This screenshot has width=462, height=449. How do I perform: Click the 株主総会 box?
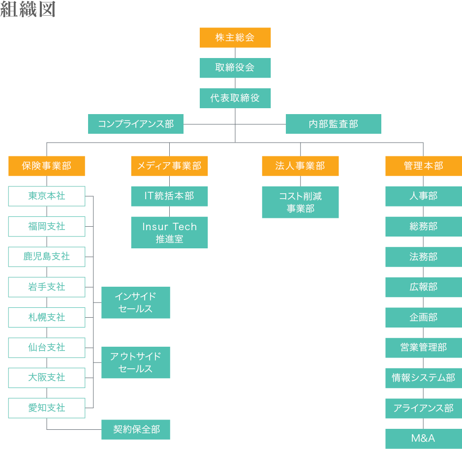pos(235,37)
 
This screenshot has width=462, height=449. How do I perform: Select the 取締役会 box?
pos(235,68)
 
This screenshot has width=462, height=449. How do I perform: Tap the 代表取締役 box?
pos(235,98)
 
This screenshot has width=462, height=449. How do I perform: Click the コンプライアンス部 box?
pos(136,124)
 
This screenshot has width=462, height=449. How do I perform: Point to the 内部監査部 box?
pos(334,124)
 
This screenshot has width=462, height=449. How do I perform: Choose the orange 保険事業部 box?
pos(47,166)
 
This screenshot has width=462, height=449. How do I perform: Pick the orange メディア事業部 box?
pos(169,166)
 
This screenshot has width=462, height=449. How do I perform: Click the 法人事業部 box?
pos(301,166)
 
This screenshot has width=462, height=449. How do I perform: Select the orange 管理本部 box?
pos(424,166)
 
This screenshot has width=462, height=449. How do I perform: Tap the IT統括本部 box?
pos(169,196)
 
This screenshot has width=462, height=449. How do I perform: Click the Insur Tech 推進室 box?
pos(169,233)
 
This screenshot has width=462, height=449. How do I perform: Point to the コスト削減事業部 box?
pos(301,202)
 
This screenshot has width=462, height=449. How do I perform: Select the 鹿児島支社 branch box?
pos(47,257)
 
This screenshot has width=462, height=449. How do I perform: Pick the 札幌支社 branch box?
pos(47,317)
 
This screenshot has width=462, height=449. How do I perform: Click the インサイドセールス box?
pos(136,302)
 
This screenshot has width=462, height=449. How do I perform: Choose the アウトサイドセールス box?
pos(136,362)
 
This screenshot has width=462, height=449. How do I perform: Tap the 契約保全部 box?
pos(136,429)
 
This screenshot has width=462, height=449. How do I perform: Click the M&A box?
pos(424,439)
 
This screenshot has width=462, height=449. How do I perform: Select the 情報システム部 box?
pos(424,378)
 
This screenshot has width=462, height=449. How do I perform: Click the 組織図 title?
pos(28,9)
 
